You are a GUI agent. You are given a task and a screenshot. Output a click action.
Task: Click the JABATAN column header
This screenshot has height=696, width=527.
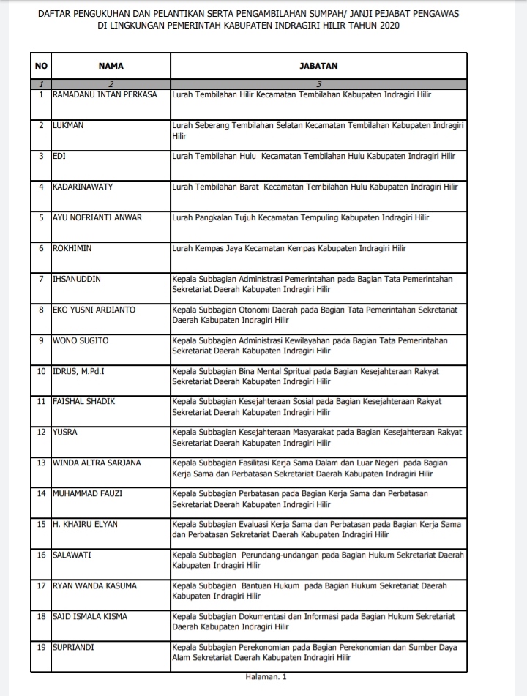[318, 66]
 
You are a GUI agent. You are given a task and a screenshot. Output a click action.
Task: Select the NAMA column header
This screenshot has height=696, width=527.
[111, 66]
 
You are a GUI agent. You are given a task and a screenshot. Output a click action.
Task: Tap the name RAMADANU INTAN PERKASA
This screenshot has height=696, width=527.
[105, 94]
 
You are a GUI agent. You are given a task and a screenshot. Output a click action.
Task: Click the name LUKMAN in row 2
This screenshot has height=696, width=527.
[68, 125]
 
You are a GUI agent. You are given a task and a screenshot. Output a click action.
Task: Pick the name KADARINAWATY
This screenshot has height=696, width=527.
[82, 187]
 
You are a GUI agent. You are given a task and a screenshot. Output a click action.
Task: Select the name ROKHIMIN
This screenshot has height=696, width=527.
[72, 248]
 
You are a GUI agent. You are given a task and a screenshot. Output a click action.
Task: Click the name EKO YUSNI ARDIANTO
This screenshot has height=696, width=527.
[94, 310]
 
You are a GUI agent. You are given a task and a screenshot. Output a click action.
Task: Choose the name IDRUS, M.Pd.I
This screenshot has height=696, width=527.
[78, 371]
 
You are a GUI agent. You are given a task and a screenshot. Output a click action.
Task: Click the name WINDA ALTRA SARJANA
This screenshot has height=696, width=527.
[97, 463]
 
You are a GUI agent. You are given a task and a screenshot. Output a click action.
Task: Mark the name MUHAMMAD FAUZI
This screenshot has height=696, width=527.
[87, 493]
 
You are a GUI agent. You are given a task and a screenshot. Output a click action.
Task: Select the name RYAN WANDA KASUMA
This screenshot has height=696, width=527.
[94, 585]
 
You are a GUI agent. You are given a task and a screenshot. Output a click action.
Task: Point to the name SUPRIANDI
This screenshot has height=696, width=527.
[73, 647]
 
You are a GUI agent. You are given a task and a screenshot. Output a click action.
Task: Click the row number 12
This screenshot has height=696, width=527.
[41, 432]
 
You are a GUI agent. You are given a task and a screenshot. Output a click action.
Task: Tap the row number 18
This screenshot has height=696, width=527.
[41, 616]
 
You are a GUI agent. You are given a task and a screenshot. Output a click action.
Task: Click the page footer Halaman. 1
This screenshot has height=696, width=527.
[266, 677]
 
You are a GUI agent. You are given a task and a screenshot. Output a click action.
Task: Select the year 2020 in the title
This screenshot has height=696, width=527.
[389, 26]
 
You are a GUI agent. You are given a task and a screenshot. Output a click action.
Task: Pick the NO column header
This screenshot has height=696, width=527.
[41, 66]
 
